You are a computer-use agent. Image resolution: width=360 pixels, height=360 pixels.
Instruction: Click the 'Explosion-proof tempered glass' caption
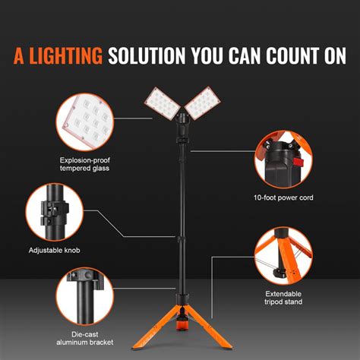click(x=85, y=164)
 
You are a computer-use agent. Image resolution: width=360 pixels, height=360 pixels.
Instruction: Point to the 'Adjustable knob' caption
click(x=55, y=250)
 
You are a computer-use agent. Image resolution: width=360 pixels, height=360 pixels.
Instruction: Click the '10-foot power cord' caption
click(x=284, y=197)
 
